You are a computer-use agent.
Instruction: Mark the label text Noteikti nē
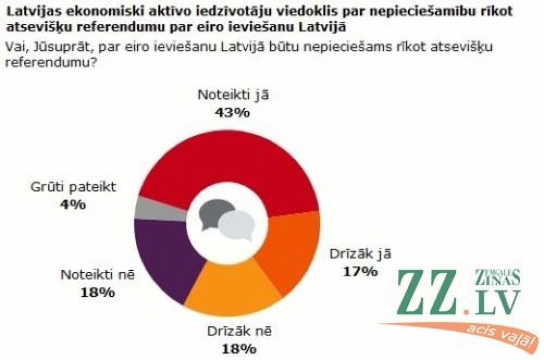coord(98,275)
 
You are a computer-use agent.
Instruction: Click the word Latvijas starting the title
coord(31,11)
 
